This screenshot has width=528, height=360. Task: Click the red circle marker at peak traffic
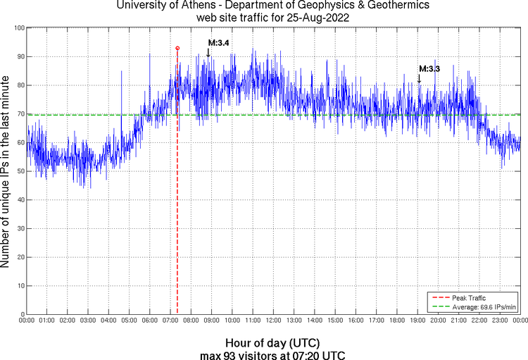(x=177, y=48)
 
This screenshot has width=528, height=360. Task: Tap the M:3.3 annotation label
(x=429, y=68)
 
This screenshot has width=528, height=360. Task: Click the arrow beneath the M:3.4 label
(x=208, y=51)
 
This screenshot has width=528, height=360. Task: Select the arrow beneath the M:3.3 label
(x=419, y=77)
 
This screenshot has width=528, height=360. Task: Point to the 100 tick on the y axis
(x=19, y=28)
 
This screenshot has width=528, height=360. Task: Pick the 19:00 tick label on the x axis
(x=417, y=321)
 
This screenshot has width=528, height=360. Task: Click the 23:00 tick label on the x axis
(x=500, y=321)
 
